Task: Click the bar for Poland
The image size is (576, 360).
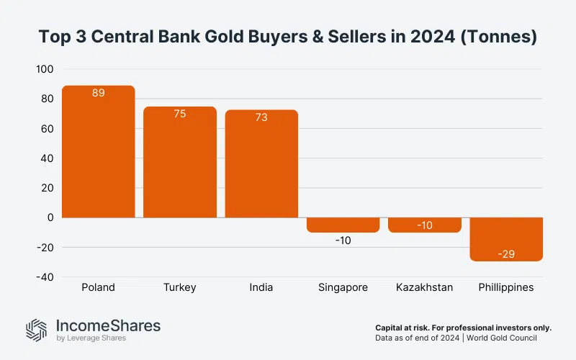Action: coord(98,152)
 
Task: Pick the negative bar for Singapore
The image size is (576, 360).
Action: coord(343,225)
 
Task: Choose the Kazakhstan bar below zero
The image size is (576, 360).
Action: coord(425,225)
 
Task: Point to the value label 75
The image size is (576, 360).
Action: coord(180,114)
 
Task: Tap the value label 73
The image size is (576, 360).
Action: coord(261,117)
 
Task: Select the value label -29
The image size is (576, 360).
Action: coord(506,254)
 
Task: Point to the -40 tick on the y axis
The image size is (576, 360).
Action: coord(45,277)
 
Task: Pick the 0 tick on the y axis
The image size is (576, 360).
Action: coord(50,217)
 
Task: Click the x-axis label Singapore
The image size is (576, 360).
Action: coord(343,287)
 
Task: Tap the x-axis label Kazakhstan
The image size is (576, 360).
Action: coord(425,287)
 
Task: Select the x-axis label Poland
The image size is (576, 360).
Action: coord(98,287)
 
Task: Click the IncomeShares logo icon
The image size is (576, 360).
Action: coord(36,329)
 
